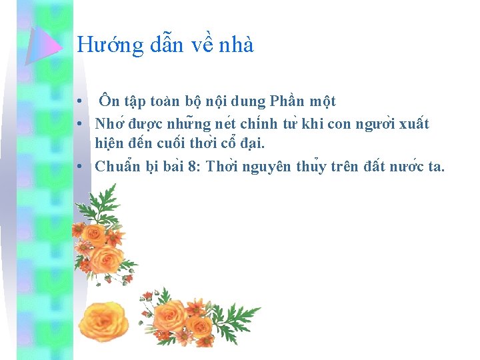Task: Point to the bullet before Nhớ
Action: pyautogui.click(x=79, y=124)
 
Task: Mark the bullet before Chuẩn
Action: pyautogui.click(x=79, y=167)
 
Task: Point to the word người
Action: pyautogui.click(x=369, y=124)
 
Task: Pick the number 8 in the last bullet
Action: pyautogui.click(x=193, y=167)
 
